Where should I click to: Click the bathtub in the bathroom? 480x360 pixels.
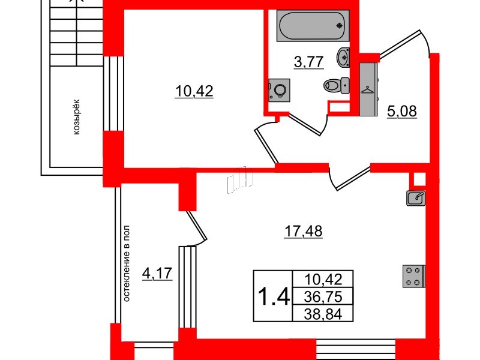click(313, 26)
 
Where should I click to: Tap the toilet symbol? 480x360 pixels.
click(337, 85)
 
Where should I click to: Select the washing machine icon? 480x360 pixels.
click(279, 91)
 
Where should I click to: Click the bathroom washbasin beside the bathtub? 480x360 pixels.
click(343, 57)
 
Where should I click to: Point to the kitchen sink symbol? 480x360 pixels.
click(416, 198)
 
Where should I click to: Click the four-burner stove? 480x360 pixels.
click(413, 277)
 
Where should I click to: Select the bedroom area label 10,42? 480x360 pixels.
click(194, 91)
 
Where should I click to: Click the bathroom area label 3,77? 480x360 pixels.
click(308, 62)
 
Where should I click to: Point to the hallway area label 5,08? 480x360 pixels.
click(401, 112)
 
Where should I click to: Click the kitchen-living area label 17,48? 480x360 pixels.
click(303, 232)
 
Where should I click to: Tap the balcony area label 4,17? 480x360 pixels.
click(157, 273)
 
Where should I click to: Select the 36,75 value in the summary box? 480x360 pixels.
click(323, 296)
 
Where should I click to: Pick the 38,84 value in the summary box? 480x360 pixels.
click(323, 314)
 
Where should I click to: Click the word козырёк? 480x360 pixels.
click(77, 116)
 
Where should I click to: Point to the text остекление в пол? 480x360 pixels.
click(127, 263)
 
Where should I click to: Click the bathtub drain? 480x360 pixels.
click(339, 26)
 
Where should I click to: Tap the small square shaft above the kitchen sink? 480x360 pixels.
click(418, 179)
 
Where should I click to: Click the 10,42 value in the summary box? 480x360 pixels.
click(323, 279)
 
